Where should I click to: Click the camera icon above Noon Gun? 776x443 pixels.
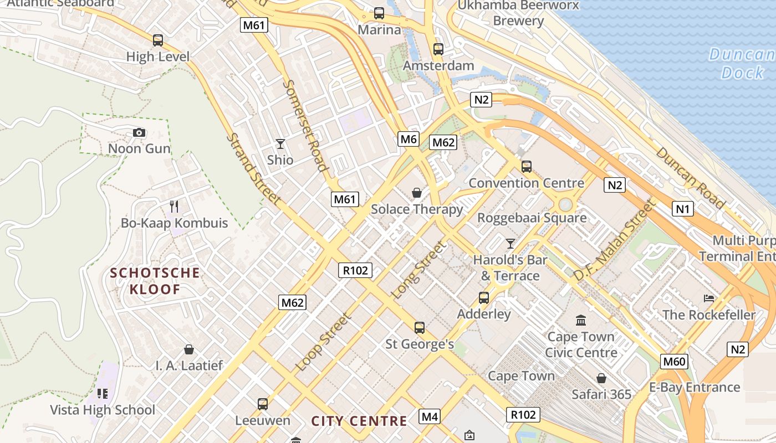click(139, 132)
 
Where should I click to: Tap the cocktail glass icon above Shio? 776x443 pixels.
click(280, 144)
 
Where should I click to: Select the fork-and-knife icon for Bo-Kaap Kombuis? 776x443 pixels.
click(174, 207)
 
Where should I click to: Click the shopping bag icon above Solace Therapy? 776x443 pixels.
click(417, 193)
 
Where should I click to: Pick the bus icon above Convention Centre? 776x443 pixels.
click(526, 166)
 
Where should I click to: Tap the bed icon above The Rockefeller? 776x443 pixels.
click(709, 298)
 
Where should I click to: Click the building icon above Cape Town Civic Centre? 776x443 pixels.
click(581, 320)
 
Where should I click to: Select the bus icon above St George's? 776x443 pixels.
click(420, 328)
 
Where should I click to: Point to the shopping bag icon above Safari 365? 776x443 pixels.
click(601, 378)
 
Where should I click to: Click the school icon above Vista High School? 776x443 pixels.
click(102, 394)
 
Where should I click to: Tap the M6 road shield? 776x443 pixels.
click(409, 139)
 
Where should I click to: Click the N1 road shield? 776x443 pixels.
click(683, 209)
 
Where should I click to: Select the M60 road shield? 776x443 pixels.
click(675, 362)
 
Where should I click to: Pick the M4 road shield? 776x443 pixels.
click(430, 416)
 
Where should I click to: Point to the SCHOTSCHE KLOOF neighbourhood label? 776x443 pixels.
click(155, 281)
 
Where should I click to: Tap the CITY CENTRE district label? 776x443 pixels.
click(359, 421)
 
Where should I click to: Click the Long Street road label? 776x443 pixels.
click(418, 270)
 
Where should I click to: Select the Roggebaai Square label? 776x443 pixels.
click(532, 218)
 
